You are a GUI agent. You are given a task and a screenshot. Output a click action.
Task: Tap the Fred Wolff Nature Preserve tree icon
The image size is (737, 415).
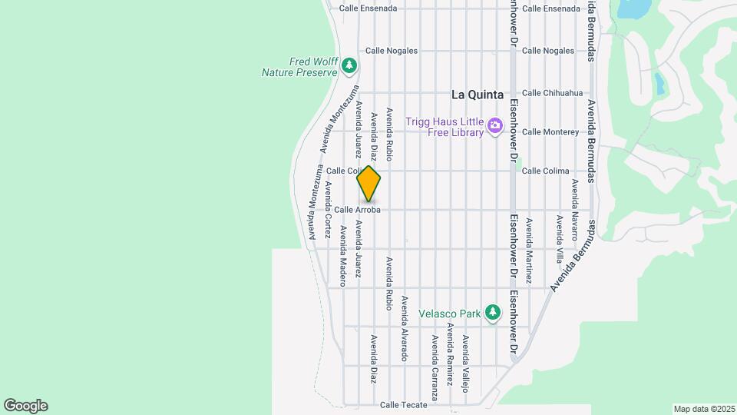(x=350, y=65)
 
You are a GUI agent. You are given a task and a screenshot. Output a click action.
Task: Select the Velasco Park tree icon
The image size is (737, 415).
(x=492, y=313)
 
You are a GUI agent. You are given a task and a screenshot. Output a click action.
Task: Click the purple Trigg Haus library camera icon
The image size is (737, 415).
(x=495, y=125)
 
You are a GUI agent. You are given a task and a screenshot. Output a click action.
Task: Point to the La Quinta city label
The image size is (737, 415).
(x=477, y=95)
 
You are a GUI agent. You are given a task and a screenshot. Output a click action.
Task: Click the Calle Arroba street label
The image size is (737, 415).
(x=358, y=209)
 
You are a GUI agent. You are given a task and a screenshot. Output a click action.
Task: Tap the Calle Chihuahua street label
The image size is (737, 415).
(x=552, y=93)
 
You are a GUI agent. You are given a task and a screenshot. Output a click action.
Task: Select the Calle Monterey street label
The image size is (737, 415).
(x=550, y=131)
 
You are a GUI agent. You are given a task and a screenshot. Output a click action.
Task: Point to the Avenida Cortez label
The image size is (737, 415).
(x=328, y=210)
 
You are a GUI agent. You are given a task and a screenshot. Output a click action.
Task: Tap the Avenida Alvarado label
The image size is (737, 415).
(x=404, y=328)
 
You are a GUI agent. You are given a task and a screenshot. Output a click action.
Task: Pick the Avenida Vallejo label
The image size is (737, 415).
(x=464, y=364)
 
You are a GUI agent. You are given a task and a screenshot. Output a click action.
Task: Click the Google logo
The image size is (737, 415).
(x=25, y=406)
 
